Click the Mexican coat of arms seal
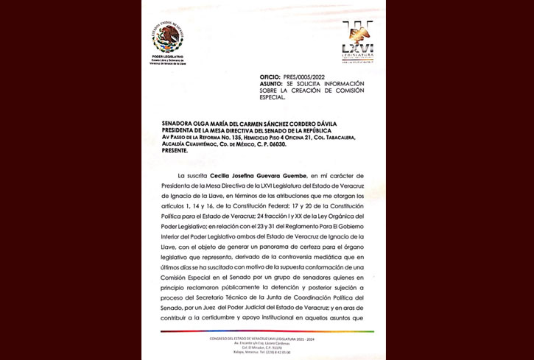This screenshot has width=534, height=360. click(x=168, y=37)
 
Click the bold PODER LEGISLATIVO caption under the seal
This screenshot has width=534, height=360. click(x=168, y=57)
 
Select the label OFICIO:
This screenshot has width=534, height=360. click(x=270, y=77)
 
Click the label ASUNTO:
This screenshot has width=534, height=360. click(x=270, y=84)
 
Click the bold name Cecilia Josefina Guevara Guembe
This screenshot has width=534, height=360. click(x=253, y=177)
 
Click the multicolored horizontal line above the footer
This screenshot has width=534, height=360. click(x=264, y=331)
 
